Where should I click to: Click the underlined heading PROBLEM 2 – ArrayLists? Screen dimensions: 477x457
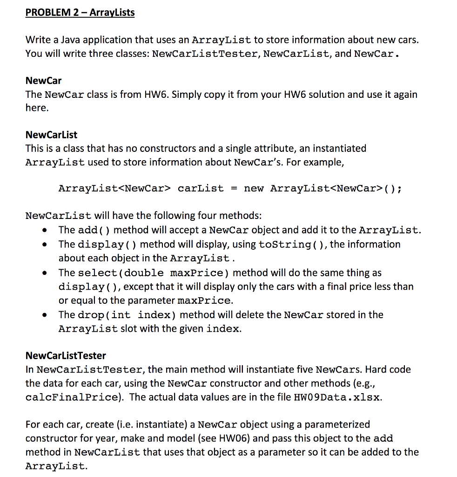pos(80,13)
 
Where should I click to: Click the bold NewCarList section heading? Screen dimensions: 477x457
pos(51,135)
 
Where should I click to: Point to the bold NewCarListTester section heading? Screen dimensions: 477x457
pos(66,356)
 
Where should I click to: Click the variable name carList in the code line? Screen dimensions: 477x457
pos(201,189)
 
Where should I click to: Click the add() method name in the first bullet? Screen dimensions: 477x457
pos(94,230)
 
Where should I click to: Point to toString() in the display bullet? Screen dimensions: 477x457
pos(292,245)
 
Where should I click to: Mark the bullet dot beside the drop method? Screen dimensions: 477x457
pos(44,315)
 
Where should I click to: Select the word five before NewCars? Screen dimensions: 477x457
pos(303,370)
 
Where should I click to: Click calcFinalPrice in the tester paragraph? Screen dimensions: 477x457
pos(71,397)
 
